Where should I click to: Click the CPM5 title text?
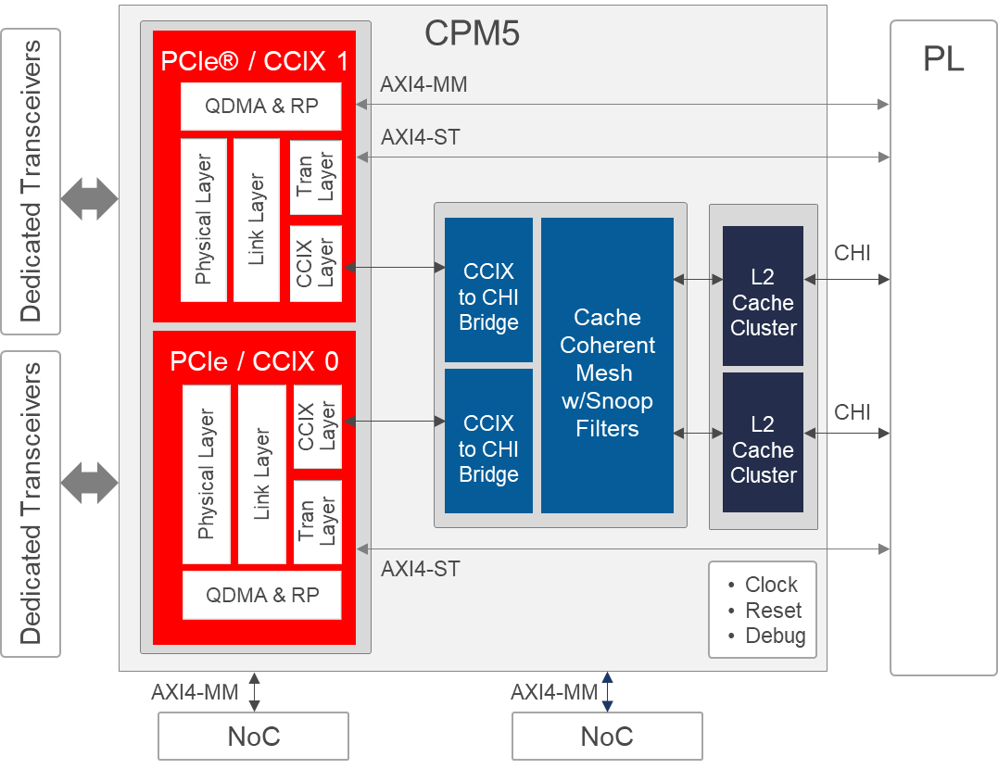(472, 33)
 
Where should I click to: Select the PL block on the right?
(943, 347)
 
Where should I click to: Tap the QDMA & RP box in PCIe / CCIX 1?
(261, 107)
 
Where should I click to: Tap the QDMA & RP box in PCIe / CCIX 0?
(261, 595)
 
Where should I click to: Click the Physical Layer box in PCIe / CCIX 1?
(204, 221)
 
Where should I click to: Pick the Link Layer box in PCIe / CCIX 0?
(261, 474)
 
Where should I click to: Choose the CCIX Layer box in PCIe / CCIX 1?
(316, 263)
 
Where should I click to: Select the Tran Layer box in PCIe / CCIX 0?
(317, 522)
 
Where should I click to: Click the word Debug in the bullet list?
(775, 637)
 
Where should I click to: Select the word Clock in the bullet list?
(771, 585)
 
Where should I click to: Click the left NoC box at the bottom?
(253, 737)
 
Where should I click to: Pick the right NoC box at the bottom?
(607, 737)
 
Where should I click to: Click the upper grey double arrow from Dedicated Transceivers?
(89, 198)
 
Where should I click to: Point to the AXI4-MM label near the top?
(423, 85)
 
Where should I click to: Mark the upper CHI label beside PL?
(852, 253)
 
